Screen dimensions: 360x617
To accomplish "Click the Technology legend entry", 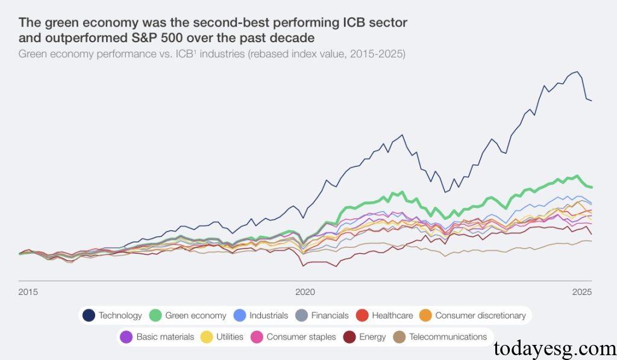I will (113, 315).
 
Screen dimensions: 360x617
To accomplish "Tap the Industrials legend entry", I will (260, 315).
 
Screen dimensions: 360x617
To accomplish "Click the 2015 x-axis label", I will (28, 292).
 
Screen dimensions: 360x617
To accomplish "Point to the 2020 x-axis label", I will (305, 292).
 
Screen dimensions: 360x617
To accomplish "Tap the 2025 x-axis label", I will (583, 292).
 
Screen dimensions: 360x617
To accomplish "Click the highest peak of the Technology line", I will (577, 72).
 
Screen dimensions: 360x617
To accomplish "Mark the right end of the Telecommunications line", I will (592, 241).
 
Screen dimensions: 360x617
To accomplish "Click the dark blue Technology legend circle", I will (89, 315).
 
